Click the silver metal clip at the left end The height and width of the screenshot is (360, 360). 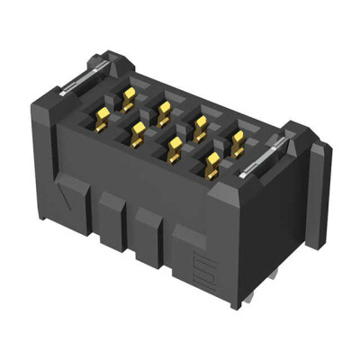tap(77, 82)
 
